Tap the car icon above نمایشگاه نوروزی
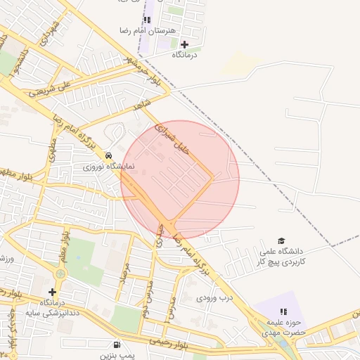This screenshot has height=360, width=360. click(108, 155)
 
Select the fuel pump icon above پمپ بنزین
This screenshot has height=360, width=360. click(116, 345)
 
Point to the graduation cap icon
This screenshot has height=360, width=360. click(282, 240)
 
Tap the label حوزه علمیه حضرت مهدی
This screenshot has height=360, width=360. click(284, 325)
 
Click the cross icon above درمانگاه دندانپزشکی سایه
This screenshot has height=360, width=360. click(51, 292)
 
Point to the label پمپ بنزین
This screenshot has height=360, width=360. click(115, 356)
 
